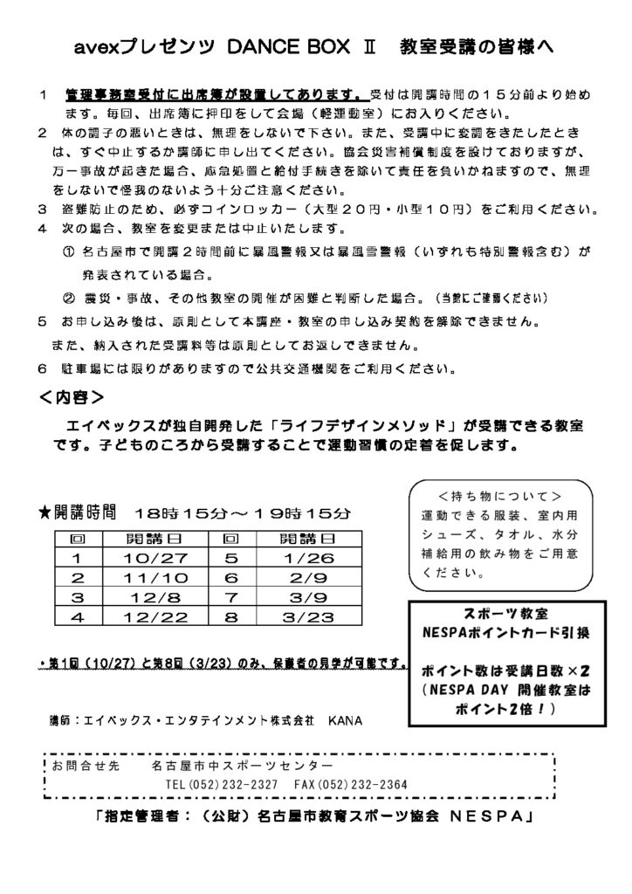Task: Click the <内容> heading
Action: click(x=72, y=397)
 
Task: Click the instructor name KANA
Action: click(x=345, y=722)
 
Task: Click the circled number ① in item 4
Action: click(x=70, y=252)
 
